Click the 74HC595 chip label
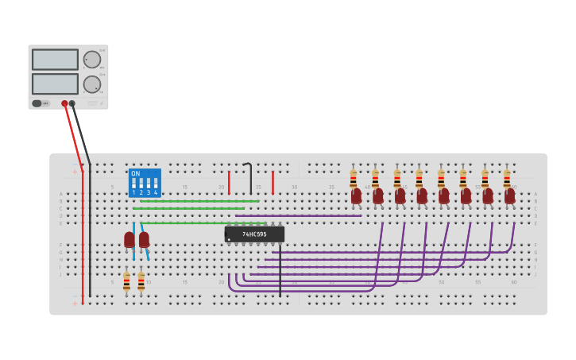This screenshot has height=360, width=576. point(254,234)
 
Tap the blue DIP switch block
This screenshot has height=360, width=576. point(145,183)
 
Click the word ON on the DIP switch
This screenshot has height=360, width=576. point(136,173)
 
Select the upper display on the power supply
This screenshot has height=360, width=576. point(55,60)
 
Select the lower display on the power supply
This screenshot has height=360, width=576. point(55,83)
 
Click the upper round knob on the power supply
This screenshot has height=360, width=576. point(92,60)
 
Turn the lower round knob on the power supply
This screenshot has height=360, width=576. point(92,84)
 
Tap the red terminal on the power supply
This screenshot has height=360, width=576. point(64,103)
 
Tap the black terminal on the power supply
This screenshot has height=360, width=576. point(72,103)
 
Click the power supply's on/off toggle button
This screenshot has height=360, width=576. point(37,103)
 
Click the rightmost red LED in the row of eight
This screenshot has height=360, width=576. point(510,195)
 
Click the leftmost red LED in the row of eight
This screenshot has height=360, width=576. point(357,195)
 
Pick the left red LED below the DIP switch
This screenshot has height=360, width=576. point(130,239)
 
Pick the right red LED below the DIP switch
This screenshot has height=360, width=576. point(144,239)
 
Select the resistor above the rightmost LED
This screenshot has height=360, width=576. point(506,178)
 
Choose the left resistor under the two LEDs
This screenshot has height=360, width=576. point(126,281)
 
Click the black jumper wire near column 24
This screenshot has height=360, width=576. point(250,179)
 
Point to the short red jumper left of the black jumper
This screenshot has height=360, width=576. point(229,183)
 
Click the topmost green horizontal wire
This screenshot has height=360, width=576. point(199,201)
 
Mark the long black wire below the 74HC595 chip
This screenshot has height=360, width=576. point(280,270)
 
